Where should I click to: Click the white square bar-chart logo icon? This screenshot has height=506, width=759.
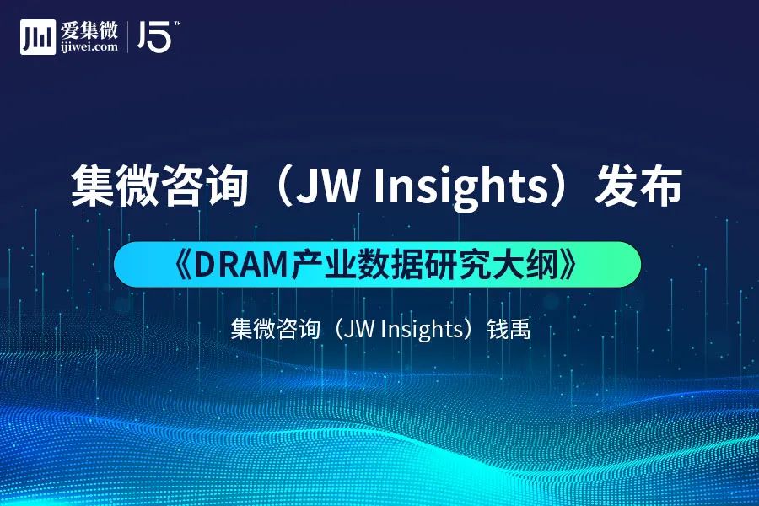pos(38,37)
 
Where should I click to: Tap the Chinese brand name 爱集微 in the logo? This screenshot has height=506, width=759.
pos(89,30)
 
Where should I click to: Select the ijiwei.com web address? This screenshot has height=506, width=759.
pos(89,47)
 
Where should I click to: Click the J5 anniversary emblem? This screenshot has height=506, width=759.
pos(154,36)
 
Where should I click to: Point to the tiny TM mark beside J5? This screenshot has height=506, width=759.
pos(177,24)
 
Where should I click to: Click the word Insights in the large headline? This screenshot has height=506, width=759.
pos(460,186)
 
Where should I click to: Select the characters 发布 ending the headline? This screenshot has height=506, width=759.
pos(639,186)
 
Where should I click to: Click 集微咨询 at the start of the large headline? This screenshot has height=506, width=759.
pos(159,186)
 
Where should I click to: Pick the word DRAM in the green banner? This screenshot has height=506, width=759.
pos(241,264)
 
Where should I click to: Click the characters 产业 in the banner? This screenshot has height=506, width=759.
pos(323,264)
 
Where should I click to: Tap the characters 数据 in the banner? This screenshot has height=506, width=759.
pos(390,264)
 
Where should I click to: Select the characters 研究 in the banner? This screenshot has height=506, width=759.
pos(457,264)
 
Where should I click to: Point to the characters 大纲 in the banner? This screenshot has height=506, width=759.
pos(525,264)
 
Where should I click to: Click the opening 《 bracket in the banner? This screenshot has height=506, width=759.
pos(183,264)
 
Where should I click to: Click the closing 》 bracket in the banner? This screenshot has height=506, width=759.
pos(568,264)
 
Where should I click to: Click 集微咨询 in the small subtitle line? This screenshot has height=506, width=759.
pos(276,329)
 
